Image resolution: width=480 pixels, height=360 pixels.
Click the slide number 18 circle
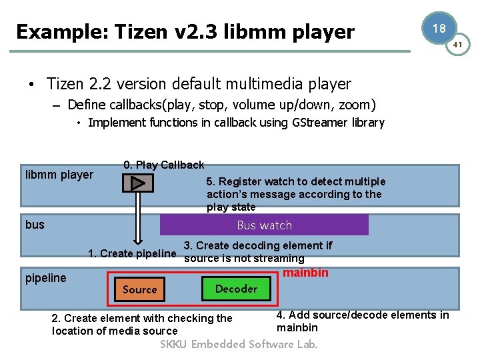coord(439,29)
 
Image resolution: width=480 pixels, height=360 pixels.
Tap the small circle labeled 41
coord(458,45)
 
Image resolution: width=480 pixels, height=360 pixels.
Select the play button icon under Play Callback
coord(137,182)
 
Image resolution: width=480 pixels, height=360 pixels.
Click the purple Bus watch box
coord(264,225)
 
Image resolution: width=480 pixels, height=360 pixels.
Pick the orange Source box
coord(139,289)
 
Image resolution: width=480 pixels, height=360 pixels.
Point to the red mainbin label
coord(305,272)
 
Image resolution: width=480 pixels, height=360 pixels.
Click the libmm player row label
coord(59,175)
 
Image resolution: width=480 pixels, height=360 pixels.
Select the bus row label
coord(35,225)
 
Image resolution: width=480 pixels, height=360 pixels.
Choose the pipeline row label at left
coord(46,278)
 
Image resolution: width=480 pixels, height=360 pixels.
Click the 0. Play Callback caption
coord(164,165)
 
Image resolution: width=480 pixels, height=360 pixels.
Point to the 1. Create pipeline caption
coord(132,253)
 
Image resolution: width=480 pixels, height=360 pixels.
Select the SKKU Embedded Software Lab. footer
coord(239,344)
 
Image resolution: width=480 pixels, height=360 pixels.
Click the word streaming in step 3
coord(278,258)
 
